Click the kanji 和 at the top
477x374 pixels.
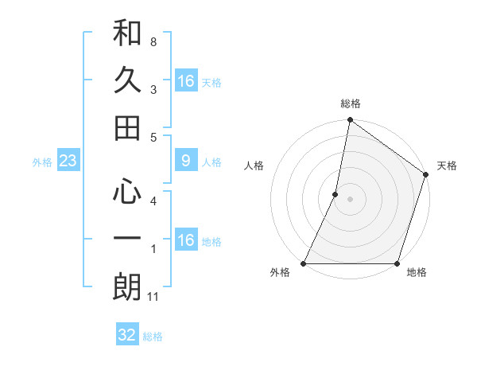[x=127, y=34]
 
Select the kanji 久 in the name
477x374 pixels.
[x=127, y=81]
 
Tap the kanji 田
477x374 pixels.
[x=127, y=127]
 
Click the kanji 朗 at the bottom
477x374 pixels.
[x=127, y=287]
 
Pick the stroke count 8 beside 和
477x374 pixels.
[x=153, y=41]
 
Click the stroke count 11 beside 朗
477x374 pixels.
[x=154, y=298]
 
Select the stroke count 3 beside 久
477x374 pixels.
[x=153, y=90]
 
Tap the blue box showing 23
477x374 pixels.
[x=68, y=162]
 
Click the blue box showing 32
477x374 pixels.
[x=127, y=335]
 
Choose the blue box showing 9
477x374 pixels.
[x=185, y=162]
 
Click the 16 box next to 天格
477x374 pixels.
[x=185, y=81]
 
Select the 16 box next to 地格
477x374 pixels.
[x=185, y=240]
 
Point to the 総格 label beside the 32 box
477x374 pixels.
[x=153, y=337]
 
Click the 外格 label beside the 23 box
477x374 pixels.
[x=42, y=162]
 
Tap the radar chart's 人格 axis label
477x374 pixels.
[x=254, y=166]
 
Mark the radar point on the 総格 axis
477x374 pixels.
[x=350, y=121]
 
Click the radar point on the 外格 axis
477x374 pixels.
[x=304, y=263]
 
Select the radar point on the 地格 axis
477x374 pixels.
[x=396, y=263]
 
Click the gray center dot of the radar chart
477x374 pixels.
[x=350, y=199]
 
